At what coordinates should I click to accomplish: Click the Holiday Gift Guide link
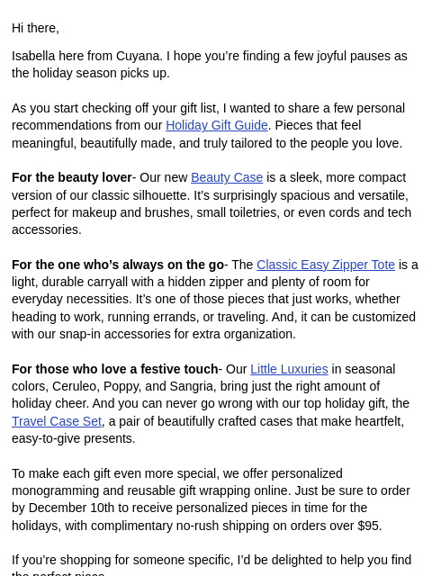click(216, 125)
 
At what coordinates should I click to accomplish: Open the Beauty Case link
click(227, 177)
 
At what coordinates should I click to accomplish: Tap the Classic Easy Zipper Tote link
click(326, 265)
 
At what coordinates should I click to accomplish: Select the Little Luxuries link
click(289, 369)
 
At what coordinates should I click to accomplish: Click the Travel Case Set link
click(57, 421)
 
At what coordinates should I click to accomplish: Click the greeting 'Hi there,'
click(35, 28)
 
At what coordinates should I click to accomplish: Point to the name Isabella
click(38, 56)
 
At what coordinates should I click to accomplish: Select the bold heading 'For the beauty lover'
click(71, 177)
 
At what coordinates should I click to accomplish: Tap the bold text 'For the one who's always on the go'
click(117, 265)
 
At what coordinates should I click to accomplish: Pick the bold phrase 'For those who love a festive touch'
click(114, 369)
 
